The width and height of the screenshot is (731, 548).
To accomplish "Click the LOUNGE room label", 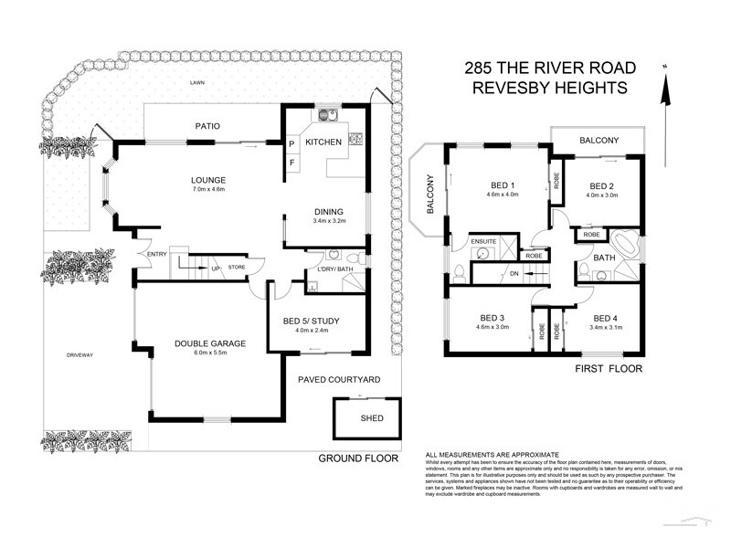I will [x=209, y=179].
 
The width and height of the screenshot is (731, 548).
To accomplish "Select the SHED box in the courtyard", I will [x=372, y=419].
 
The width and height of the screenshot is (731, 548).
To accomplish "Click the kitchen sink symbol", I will [x=328, y=116].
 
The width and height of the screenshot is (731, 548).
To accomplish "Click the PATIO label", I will [x=207, y=126].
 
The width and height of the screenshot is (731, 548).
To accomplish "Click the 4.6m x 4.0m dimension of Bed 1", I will [x=502, y=194].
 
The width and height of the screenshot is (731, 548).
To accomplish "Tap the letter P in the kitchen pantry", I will [x=291, y=144].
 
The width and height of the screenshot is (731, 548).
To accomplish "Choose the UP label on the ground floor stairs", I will [x=216, y=269].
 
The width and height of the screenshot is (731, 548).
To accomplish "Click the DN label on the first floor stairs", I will [x=514, y=273].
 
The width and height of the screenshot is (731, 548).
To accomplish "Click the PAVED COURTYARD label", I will [x=339, y=379].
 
